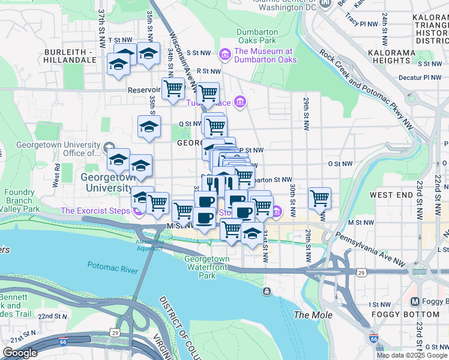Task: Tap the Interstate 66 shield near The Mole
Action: (x=373, y=340)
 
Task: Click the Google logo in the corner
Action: (x=20, y=353)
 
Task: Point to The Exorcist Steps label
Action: (x=96, y=211)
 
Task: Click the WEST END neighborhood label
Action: (x=391, y=195)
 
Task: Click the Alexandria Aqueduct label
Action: (x=149, y=244)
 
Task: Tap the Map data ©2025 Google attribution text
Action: (x=411, y=355)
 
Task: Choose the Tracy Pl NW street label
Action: (x=360, y=22)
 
